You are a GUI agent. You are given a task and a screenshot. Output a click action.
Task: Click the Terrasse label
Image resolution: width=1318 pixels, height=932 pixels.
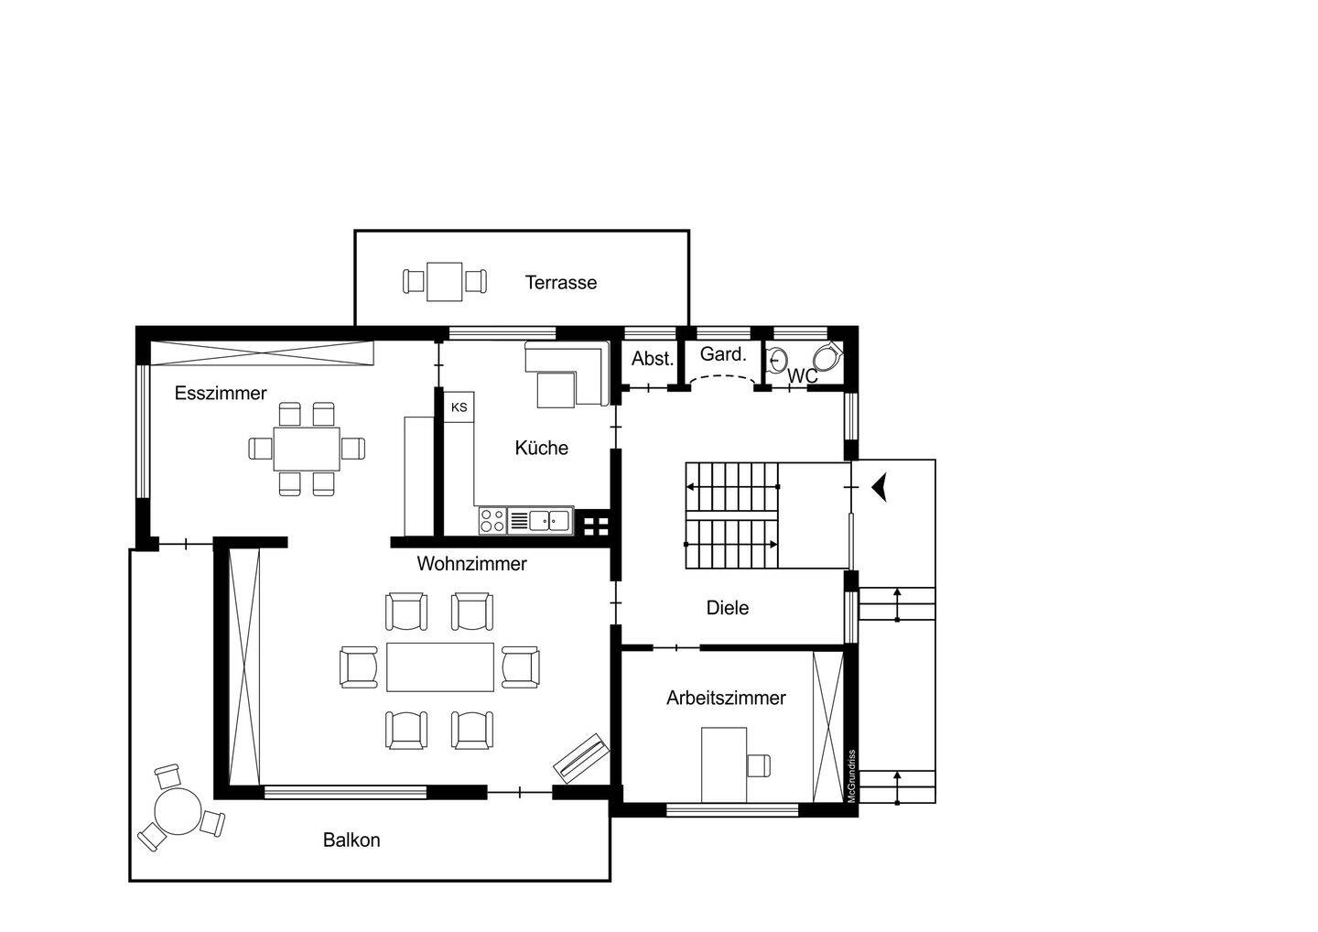(x=561, y=282)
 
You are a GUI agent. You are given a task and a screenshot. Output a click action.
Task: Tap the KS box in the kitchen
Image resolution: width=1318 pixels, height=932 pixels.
(x=459, y=407)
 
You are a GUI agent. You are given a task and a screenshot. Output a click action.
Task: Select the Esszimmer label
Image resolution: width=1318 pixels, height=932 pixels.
(x=221, y=393)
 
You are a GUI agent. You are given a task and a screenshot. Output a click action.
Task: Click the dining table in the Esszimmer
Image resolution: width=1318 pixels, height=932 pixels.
(x=307, y=449)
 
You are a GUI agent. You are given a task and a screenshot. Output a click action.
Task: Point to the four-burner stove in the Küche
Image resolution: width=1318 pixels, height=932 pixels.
(x=492, y=521)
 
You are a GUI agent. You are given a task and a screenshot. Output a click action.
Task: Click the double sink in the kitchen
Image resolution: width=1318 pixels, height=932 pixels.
(x=549, y=521)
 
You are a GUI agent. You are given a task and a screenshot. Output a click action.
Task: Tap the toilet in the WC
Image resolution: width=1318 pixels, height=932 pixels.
(x=828, y=356)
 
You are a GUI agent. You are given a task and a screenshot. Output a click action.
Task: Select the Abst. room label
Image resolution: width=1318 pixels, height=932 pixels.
(x=653, y=358)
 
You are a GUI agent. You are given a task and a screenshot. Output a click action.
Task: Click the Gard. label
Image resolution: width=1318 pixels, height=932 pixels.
(x=723, y=354)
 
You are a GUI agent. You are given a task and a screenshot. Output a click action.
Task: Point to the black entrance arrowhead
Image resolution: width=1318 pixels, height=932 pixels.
(x=879, y=488)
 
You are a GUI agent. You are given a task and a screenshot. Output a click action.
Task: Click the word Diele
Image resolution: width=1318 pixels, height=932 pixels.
(x=728, y=608)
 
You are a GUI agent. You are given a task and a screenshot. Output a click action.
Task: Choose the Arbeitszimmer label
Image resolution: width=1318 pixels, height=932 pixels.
(x=726, y=698)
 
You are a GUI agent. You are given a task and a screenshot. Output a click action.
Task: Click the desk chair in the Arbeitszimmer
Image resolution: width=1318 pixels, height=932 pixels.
(x=759, y=765)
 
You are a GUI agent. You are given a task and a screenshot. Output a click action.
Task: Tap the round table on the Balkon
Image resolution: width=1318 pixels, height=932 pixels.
(x=178, y=811)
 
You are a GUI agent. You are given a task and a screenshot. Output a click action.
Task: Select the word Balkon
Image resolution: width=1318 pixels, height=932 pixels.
(x=351, y=840)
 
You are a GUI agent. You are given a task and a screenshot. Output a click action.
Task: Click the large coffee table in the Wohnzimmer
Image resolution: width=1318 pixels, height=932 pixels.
(x=440, y=666)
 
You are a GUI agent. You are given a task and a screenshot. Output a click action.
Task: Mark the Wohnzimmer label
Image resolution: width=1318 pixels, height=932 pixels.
(x=472, y=564)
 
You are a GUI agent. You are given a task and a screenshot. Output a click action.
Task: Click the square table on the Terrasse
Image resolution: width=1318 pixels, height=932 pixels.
(x=444, y=281)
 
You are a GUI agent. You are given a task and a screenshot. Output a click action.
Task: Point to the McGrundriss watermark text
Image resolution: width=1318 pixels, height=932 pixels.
(x=851, y=776)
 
